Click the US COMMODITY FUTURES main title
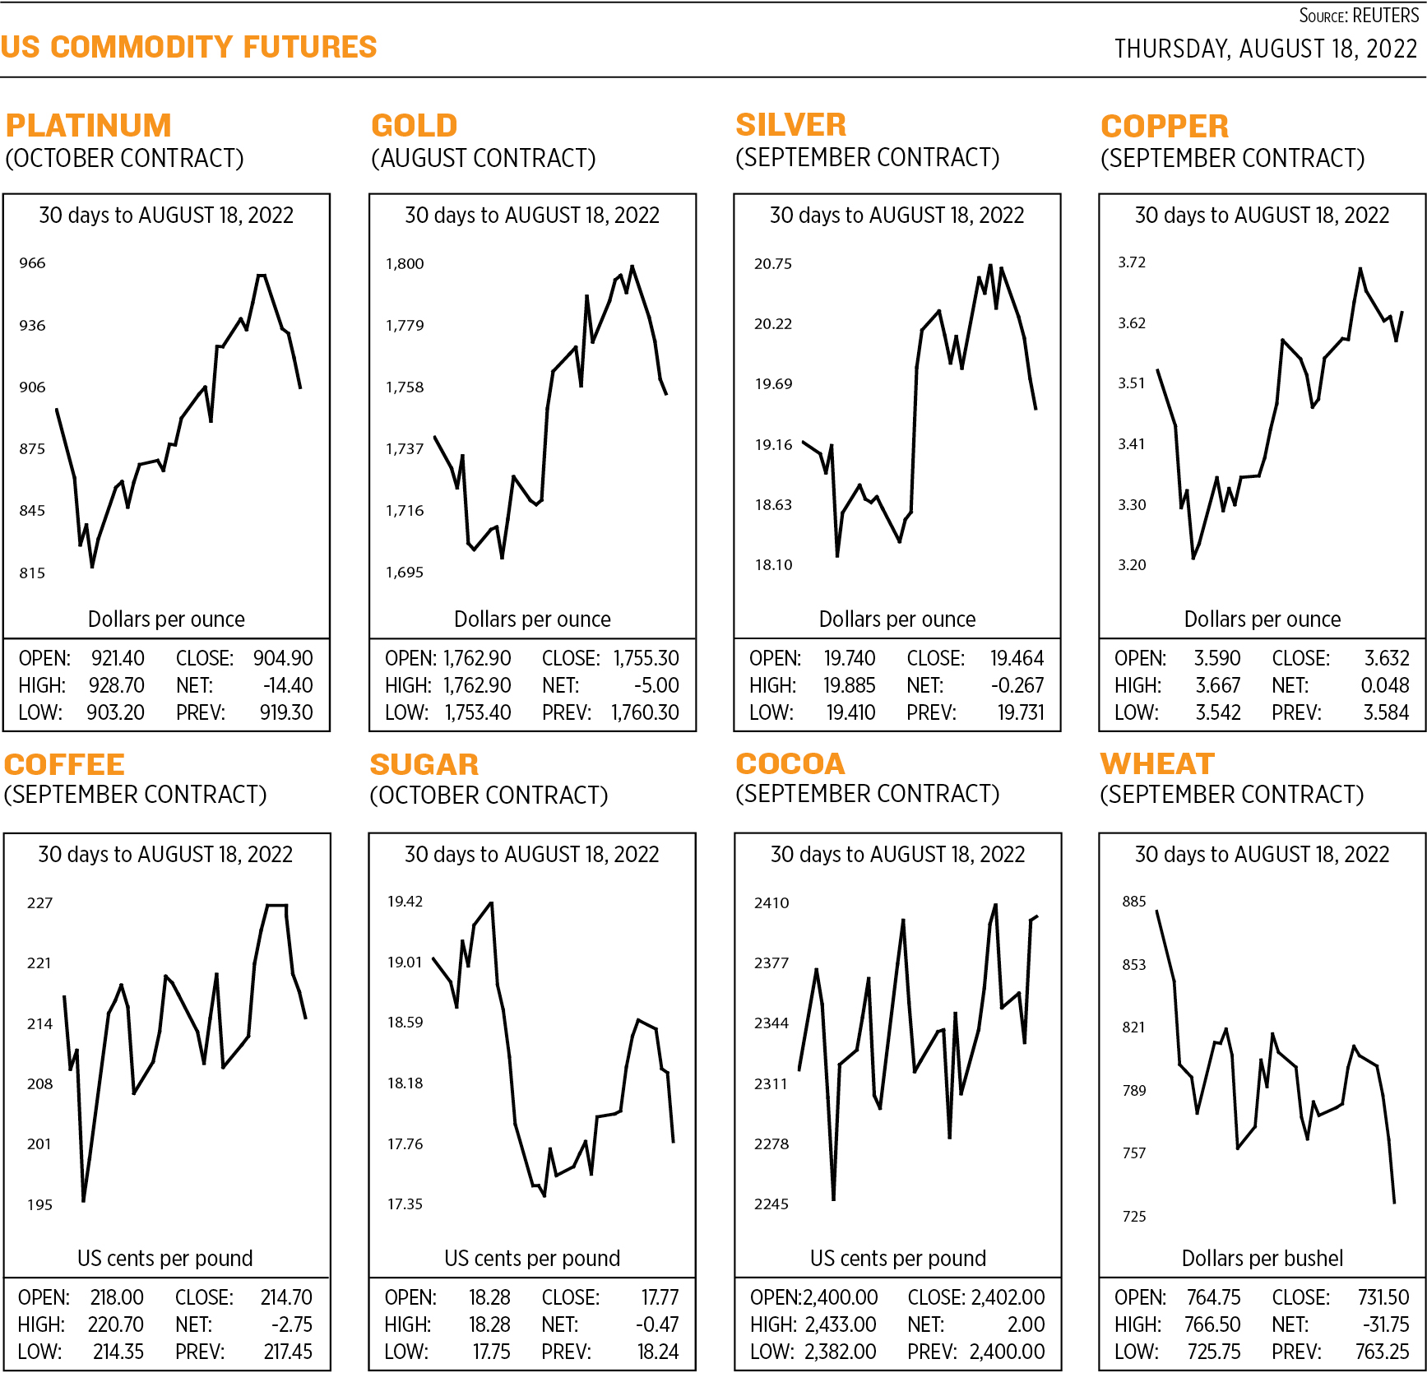(x=188, y=47)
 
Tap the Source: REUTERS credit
(x=1358, y=16)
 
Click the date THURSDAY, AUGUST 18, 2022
(x=1265, y=49)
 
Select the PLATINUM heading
(x=89, y=126)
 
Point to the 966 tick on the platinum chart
(x=33, y=263)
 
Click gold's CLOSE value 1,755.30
(x=646, y=659)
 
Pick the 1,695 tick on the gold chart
(x=405, y=573)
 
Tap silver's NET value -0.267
(x=1017, y=685)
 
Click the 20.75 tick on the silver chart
(x=773, y=264)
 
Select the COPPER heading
(x=1165, y=127)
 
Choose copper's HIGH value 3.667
(x=1217, y=685)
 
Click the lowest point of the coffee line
(x=83, y=1201)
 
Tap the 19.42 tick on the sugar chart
(x=405, y=902)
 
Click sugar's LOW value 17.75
(x=491, y=1352)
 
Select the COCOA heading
(x=790, y=764)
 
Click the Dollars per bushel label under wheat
(x=1262, y=1259)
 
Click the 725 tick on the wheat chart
(x=1134, y=1217)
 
